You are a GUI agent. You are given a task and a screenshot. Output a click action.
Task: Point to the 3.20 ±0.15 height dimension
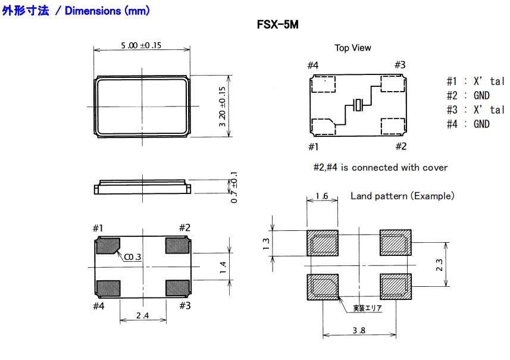(x=223, y=107)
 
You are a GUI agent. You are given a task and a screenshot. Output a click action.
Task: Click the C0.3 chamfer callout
(x=133, y=257)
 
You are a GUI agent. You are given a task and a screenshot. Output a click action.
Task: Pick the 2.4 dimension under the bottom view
(x=142, y=315)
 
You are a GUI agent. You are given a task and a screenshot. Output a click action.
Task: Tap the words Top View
(x=352, y=48)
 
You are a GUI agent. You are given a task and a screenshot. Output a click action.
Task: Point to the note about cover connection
(x=380, y=168)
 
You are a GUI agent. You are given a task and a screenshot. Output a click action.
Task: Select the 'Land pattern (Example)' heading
(x=402, y=196)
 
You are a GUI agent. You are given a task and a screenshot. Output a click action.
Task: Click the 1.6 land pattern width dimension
(x=322, y=196)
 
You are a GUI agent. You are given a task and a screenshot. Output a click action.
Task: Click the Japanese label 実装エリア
(x=367, y=308)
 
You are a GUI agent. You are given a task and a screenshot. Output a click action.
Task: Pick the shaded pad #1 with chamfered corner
(x=108, y=246)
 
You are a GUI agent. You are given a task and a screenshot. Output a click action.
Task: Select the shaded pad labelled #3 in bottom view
(x=177, y=288)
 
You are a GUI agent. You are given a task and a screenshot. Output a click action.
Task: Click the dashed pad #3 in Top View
(x=393, y=84)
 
